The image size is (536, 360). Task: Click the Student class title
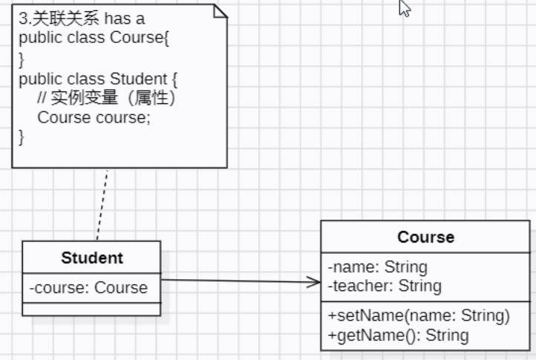pyautogui.click(x=91, y=258)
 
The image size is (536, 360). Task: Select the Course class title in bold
pyautogui.click(x=426, y=238)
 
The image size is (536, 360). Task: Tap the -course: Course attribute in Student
pyautogui.click(x=88, y=288)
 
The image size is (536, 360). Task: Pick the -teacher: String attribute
pyautogui.click(x=384, y=286)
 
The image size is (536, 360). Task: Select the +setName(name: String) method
pyautogui.click(x=419, y=316)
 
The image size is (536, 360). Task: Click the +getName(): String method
pyautogui.click(x=398, y=335)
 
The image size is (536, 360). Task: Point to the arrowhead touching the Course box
pyautogui.click(x=314, y=282)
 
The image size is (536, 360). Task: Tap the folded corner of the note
pyautogui.click(x=220, y=10)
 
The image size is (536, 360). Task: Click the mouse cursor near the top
pyautogui.click(x=405, y=9)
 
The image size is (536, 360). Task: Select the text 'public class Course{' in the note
pyautogui.click(x=95, y=38)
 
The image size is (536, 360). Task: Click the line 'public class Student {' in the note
pyautogui.click(x=98, y=78)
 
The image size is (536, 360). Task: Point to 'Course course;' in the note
pyautogui.click(x=94, y=117)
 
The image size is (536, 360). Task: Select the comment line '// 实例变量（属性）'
pyautogui.click(x=108, y=98)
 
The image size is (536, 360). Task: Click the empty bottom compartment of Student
pyautogui.click(x=91, y=309)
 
